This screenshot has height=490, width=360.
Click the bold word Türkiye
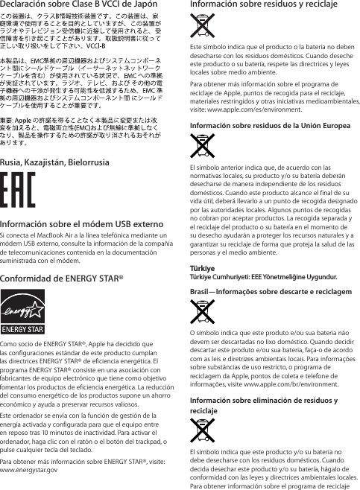(x=202, y=268)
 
